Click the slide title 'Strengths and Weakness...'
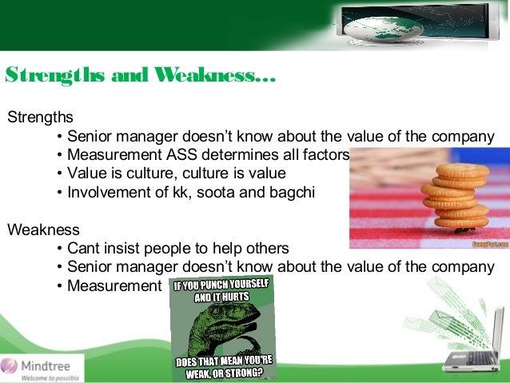coord(141,77)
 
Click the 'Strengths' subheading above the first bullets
coord(40,118)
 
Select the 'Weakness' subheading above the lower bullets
coord(42,229)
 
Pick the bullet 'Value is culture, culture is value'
coord(176,173)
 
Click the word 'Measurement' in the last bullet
coord(114,285)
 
